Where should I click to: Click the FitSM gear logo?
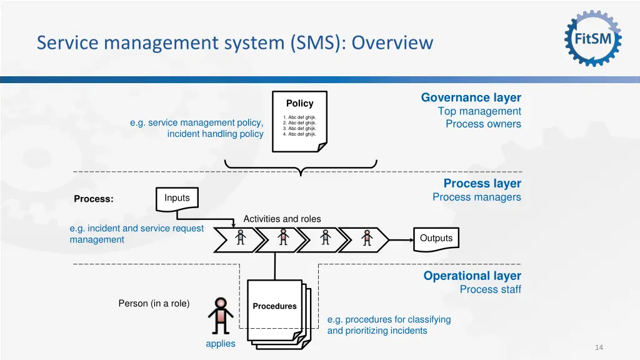pos(593,39)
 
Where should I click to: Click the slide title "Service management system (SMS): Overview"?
pos(234,42)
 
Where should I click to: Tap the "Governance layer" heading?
pos(471,97)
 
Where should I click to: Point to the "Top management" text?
pos(479,111)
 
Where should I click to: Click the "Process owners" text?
pos(483,124)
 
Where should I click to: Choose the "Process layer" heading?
pos(482,183)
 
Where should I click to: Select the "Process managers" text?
pos(476,197)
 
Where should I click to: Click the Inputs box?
pos(177,198)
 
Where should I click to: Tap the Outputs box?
pos(436,238)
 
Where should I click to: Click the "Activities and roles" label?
pos(282,219)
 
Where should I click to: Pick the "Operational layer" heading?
pos(472,276)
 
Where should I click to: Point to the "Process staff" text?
pos(490,289)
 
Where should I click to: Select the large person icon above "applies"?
pos(220,316)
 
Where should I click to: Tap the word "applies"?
pos(221,343)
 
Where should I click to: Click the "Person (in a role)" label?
pos(154,303)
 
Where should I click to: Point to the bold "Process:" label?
pos(94,199)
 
